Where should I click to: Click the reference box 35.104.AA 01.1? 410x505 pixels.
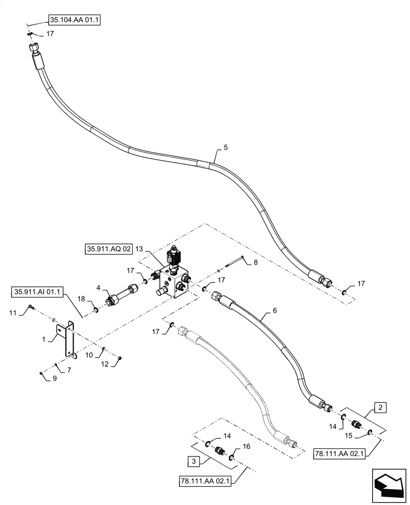point(74,21)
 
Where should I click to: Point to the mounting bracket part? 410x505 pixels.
point(68,341)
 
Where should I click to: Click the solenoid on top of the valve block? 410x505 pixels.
point(175,257)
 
